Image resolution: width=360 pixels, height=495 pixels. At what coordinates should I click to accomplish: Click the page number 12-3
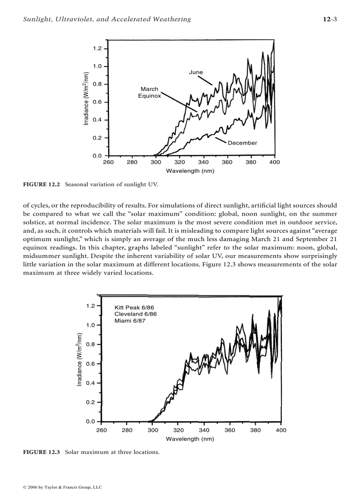330,19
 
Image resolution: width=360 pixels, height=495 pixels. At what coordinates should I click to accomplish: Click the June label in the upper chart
196,72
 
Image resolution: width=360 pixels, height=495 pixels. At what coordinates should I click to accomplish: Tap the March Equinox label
149,92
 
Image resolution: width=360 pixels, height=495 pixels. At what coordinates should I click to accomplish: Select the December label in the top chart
242,143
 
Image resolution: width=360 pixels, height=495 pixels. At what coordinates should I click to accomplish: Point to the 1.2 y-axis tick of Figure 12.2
97,48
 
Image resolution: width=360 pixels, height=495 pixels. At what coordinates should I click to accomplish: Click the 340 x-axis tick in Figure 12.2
203,162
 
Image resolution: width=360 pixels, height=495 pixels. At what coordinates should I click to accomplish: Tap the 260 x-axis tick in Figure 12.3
101,430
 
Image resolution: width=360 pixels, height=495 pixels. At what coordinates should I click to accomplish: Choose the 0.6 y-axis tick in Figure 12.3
90,364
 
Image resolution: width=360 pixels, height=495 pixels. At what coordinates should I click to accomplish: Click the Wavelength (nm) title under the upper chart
190,171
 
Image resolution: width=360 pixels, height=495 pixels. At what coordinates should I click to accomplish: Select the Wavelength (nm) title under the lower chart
190,439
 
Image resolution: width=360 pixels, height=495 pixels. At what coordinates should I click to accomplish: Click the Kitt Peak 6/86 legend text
134,307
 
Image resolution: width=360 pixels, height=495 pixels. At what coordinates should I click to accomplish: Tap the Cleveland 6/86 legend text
135,314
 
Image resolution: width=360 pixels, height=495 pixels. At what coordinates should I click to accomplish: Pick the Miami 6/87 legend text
130,321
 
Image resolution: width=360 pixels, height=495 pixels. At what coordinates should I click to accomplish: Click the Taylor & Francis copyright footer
62,487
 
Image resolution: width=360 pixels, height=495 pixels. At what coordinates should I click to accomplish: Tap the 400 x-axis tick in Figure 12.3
281,430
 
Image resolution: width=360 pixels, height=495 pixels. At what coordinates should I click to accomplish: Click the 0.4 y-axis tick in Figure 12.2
97,120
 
